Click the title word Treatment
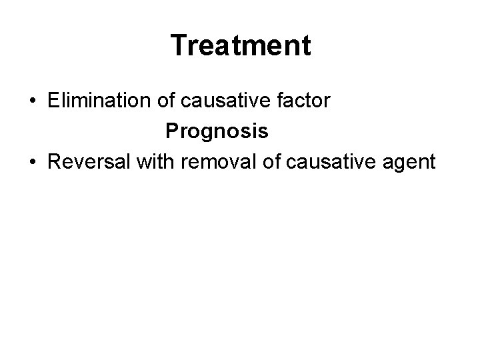(x=240, y=46)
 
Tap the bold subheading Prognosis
(x=217, y=132)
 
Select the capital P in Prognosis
(x=171, y=132)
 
